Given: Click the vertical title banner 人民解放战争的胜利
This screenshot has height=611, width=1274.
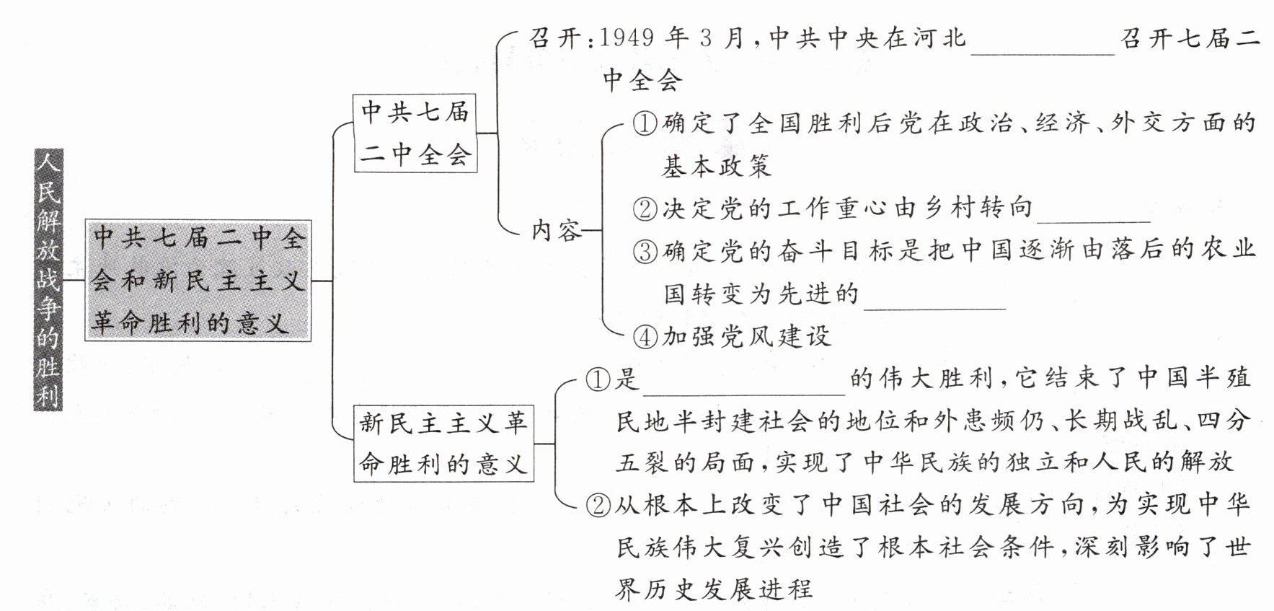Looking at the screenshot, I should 48,280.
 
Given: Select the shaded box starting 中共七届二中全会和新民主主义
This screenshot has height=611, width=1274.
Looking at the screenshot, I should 198,281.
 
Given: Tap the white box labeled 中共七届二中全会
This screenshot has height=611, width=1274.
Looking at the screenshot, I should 415,133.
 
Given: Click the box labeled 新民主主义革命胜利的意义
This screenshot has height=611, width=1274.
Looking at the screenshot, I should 443,443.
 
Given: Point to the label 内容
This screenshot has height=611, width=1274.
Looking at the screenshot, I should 556,231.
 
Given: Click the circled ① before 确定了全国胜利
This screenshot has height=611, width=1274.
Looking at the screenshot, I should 645,124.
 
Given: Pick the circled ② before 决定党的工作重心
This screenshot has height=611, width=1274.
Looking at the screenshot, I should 645,209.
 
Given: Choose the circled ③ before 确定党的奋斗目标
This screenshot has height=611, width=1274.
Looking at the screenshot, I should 645,252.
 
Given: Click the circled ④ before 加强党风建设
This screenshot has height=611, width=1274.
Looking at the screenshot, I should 645,336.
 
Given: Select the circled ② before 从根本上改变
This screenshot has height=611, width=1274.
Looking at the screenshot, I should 598,505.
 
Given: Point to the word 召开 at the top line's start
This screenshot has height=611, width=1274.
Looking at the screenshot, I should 554,38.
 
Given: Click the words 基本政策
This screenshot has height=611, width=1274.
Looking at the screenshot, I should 717,167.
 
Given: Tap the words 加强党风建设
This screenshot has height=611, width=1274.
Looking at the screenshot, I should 746,336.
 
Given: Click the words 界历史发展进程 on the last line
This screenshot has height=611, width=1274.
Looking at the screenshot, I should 714,589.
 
